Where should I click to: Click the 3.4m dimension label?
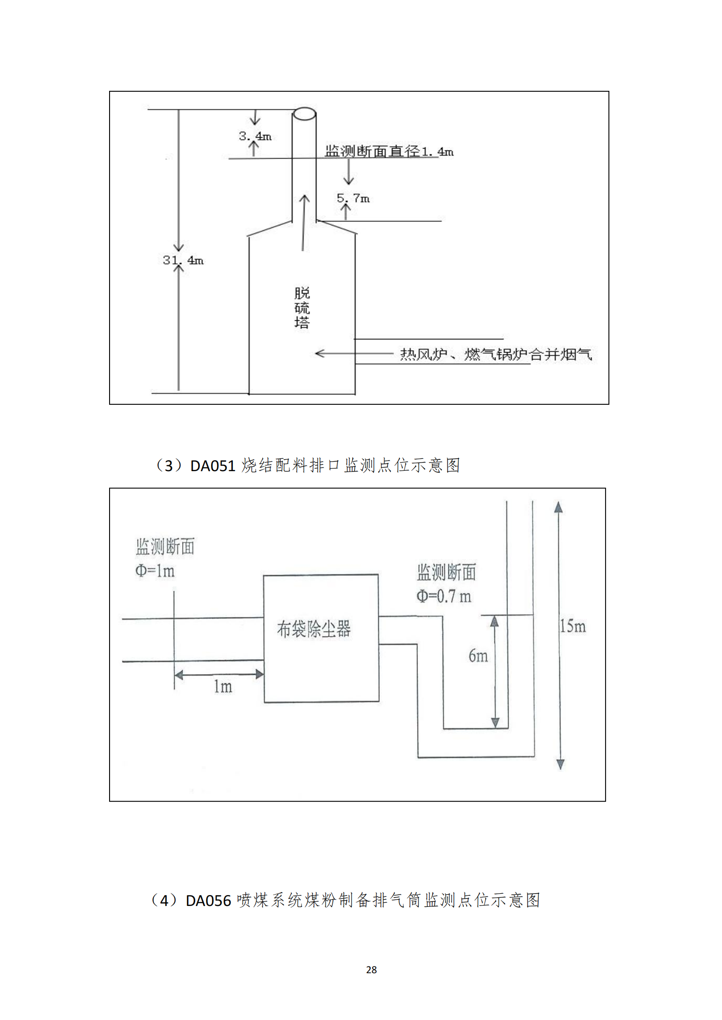tap(255, 136)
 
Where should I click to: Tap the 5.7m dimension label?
tap(353, 198)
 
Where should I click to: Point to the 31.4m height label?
tap(183, 260)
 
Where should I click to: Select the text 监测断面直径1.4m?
tap(389, 151)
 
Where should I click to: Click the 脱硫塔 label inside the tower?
tap(302, 308)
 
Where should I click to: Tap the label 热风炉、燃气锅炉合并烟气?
tap(496, 354)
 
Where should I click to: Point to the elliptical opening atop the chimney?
tap(304, 114)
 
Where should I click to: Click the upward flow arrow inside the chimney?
tap(304, 223)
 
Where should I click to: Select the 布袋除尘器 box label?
tap(314, 629)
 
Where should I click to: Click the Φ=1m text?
tap(155, 571)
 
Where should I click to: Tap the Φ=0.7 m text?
tap(444, 597)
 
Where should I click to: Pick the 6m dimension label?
tap(478, 656)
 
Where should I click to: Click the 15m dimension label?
tap(572, 627)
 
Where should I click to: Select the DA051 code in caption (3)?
tap(212, 466)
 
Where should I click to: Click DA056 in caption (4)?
tap(208, 901)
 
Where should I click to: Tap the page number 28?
tap(371, 970)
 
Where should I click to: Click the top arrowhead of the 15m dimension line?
tap(558, 507)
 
